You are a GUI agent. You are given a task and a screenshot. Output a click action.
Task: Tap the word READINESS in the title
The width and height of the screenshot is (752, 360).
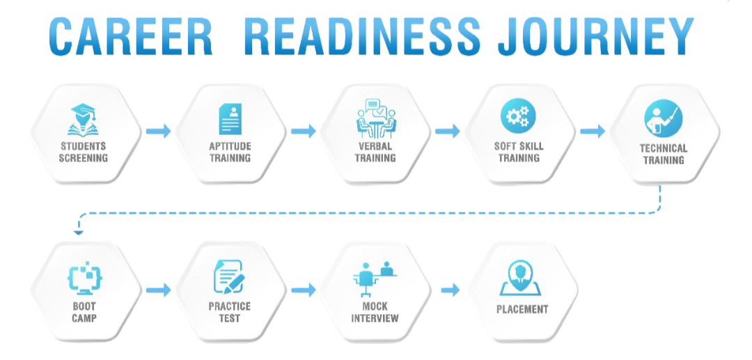(x=363, y=37)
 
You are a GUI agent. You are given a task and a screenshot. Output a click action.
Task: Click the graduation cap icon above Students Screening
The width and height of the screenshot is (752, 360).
(x=84, y=119)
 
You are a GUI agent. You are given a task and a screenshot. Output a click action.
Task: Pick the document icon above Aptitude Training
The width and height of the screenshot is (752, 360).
(x=230, y=119)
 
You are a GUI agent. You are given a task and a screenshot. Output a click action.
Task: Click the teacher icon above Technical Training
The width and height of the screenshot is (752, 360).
(x=663, y=118)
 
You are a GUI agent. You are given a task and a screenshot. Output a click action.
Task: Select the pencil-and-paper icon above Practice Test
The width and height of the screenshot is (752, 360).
(x=229, y=277)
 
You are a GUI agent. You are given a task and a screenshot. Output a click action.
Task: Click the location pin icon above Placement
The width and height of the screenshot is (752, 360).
(x=522, y=279)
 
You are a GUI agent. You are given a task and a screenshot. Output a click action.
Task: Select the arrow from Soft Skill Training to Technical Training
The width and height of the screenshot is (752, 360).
(x=592, y=130)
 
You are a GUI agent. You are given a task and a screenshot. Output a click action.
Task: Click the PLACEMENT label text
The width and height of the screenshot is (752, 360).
(x=522, y=309)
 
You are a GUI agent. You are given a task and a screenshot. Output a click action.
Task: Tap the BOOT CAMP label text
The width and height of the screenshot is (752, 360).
(x=84, y=312)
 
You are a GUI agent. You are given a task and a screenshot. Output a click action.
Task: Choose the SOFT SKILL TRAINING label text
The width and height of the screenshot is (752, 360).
(x=519, y=152)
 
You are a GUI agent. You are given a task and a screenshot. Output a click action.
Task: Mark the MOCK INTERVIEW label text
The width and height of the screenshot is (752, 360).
(x=375, y=312)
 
